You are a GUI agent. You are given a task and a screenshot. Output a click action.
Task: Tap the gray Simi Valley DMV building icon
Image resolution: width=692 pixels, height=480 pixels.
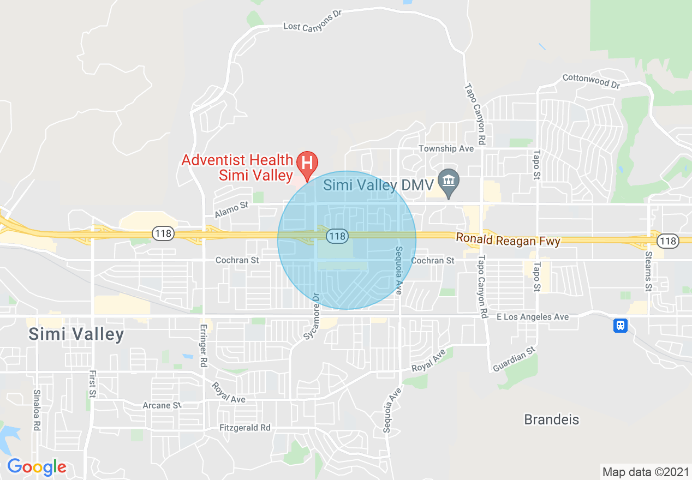449,179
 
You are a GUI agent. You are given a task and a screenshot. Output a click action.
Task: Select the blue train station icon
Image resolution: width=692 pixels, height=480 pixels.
620,326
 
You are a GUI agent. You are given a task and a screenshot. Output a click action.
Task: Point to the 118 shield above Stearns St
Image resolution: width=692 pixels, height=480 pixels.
667,241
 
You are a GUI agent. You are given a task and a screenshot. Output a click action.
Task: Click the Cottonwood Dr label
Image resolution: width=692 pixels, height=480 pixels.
592,81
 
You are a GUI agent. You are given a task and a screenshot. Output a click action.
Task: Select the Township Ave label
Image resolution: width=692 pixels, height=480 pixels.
446,148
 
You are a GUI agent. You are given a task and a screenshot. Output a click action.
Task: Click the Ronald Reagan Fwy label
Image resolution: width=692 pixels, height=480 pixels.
508,240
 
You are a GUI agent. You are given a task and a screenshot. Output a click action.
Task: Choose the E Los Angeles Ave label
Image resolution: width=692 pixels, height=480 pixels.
532,317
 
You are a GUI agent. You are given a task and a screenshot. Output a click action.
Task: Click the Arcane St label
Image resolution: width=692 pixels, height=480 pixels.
162,405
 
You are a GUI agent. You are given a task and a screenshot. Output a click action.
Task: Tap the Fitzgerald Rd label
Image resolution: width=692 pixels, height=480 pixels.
245,428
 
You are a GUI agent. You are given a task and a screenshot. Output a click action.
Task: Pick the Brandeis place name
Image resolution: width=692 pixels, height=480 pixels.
551,419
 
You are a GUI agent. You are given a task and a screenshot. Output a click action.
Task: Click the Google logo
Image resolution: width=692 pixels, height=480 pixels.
37,467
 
